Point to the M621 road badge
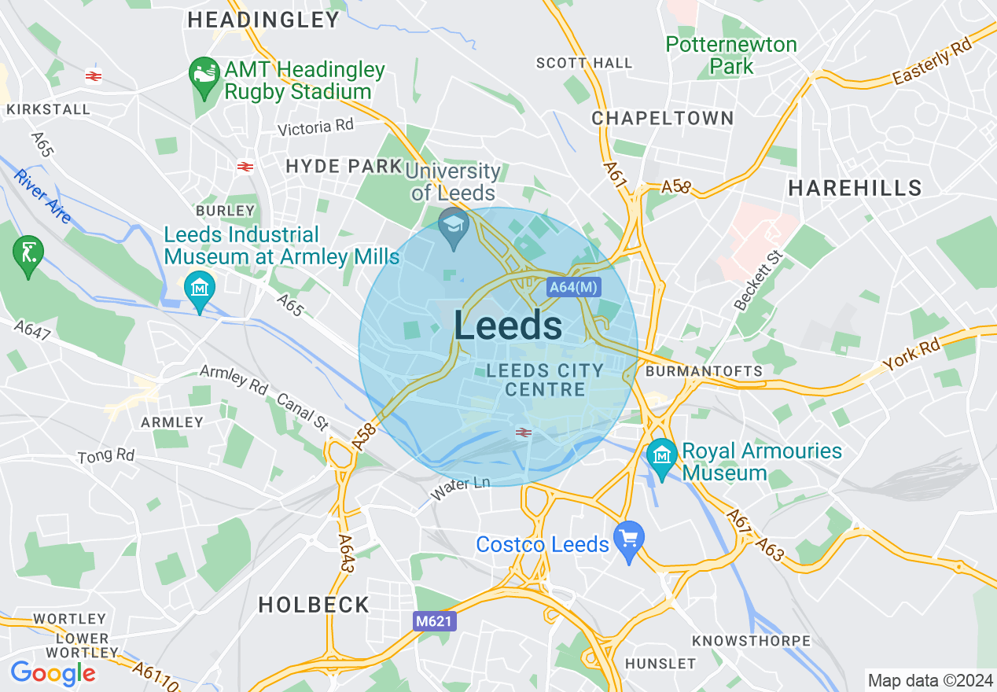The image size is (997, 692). coord(434,621)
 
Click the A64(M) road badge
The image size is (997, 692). coord(572,287)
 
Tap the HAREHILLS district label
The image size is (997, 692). coord(855,188)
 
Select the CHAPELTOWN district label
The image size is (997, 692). coord(663,119)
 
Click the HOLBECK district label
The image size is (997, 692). coord(314,605)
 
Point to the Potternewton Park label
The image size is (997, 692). coord(731,55)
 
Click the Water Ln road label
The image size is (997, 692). coord(460,489)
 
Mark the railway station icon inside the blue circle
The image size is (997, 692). coord(522,432)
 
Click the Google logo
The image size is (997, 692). coord(53,673)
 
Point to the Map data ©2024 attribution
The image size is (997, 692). coord(930,679)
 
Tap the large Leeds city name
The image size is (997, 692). coord(508,326)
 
